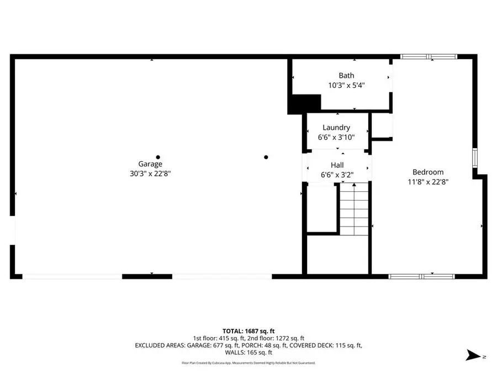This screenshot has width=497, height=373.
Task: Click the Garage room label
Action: click(x=150, y=164)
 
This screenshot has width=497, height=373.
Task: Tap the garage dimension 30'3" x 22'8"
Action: click(x=150, y=173)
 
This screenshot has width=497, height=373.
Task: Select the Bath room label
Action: click(x=347, y=76)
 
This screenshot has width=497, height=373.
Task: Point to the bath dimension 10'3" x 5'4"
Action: click(x=347, y=85)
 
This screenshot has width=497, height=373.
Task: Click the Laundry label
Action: click(x=336, y=128)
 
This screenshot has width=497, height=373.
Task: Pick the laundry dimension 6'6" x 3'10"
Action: click(x=336, y=137)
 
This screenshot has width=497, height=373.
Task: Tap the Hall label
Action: click(x=337, y=165)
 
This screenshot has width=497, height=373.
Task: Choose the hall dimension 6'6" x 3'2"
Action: click(x=337, y=175)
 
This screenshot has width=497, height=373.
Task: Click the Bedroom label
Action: click(x=428, y=172)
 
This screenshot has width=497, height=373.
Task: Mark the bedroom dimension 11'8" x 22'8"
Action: click(x=428, y=181)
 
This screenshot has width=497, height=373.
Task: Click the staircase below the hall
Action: click(x=353, y=210)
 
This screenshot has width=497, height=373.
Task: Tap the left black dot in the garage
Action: click(x=158, y=157)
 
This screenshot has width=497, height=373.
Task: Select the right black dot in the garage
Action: click(x=266, y=157)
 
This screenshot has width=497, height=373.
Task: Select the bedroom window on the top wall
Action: click(x=429, y=56)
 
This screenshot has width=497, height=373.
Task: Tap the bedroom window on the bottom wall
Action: click(x=422, y=276)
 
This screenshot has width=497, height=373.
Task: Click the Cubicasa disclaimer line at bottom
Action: click(x=248, y=363)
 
